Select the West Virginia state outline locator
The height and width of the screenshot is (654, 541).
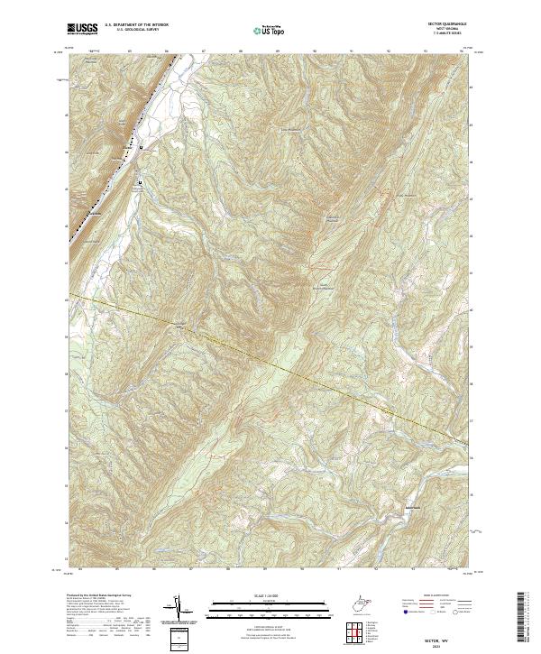[364, 600]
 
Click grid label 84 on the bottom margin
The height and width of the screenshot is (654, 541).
[81, 569]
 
